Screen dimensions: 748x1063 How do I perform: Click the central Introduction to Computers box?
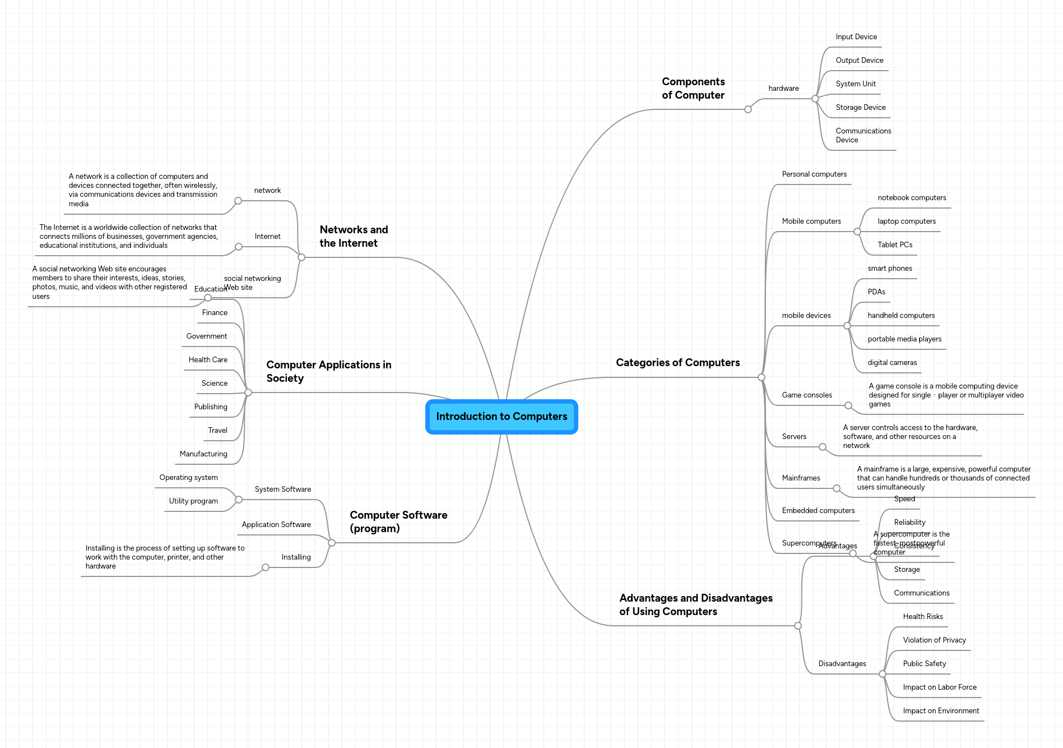click(x=502, y=417)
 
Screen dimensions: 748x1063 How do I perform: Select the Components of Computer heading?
click(x=693, y=89)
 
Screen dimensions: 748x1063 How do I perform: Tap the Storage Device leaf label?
click(x=860, y=108)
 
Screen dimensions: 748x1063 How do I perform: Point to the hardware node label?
click(x=783, y=89)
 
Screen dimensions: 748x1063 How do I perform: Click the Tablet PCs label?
click(x=895, y=245)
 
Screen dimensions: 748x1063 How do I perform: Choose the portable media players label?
click(x=904, y=339)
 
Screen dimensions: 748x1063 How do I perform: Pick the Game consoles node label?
click(x=807, y=395)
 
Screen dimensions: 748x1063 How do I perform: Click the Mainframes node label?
click(x=801, y=478)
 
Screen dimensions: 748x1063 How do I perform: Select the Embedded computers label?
click(x=818, y=511)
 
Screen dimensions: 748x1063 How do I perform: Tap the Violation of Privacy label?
click(x=934, y=640)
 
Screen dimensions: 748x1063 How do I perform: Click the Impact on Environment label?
click(x=941, y=711)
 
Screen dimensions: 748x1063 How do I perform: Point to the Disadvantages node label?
click(x=842, y=664)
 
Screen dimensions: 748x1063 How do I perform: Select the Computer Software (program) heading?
click(x=398, y=522)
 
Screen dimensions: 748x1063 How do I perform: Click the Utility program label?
click(x=193, y=501)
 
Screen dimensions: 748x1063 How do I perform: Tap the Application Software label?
click(x=276, y=525)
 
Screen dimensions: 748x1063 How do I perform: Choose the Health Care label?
click(x=208, y=360)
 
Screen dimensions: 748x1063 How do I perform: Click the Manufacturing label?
click(x=203, y=454)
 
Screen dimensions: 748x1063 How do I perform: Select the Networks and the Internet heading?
click(x=354, y=237)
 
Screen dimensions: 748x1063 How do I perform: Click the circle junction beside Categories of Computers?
click(x=761, y=377)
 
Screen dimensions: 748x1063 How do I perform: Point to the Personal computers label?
click(x=814, y=174)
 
